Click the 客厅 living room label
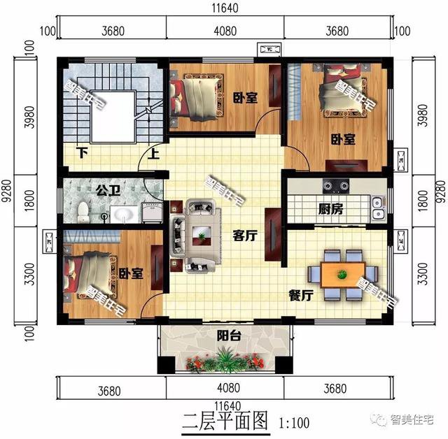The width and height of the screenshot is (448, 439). click(245, 236)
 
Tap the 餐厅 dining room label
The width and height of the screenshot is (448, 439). click(300, 296)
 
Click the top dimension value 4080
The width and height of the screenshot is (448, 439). click(225, 29)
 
